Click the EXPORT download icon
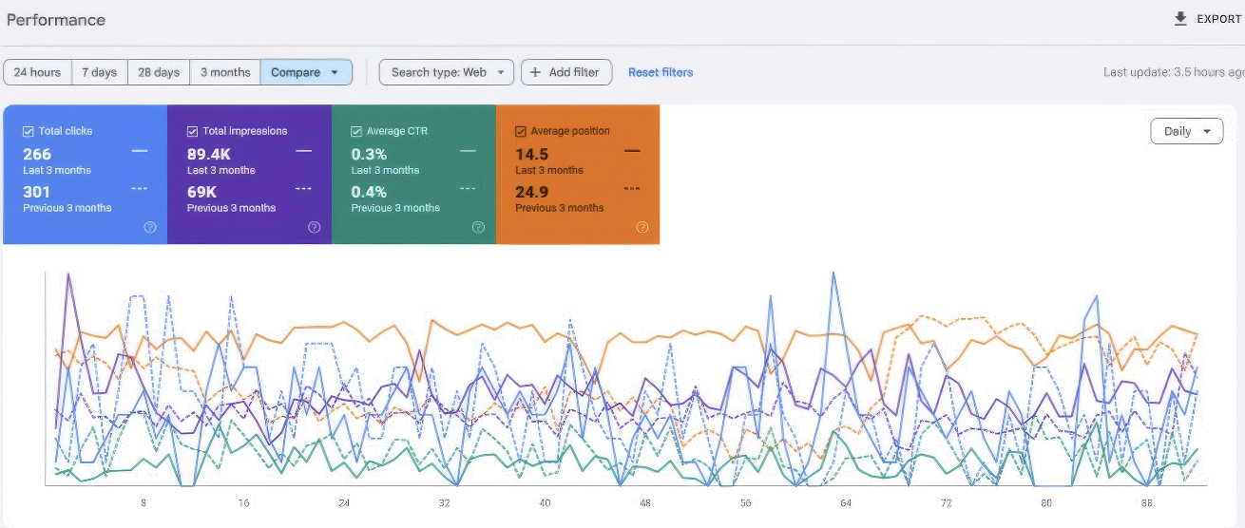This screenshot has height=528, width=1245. coord(1180,19)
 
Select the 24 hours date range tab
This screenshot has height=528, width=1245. coord(37,72)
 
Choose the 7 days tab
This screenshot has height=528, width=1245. coord(100,72)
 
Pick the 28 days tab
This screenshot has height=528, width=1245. coord(159,72)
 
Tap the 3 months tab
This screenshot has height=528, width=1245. coord(225,72)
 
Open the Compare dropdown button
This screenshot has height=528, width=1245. coord(306,72)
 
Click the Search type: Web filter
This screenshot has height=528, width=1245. coord(447,72)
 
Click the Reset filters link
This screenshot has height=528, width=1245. coord(661,72)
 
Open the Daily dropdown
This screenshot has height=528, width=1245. coord(1187,131)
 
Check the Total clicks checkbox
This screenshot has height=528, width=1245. coord(28,131)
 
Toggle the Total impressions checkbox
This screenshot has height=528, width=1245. coord(192,131)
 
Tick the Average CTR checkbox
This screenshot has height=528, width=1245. coord(356,131)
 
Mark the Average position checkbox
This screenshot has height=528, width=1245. coord(521,131)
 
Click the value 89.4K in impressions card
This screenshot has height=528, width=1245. coord(208,154)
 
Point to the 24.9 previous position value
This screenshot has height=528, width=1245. coord(532,192)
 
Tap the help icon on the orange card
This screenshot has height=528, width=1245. coord(642,227)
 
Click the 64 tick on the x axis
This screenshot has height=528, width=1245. coord(846,503)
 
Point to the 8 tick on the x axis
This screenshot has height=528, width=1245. coord(144,503)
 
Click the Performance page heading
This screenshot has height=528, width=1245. coord(55,20)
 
